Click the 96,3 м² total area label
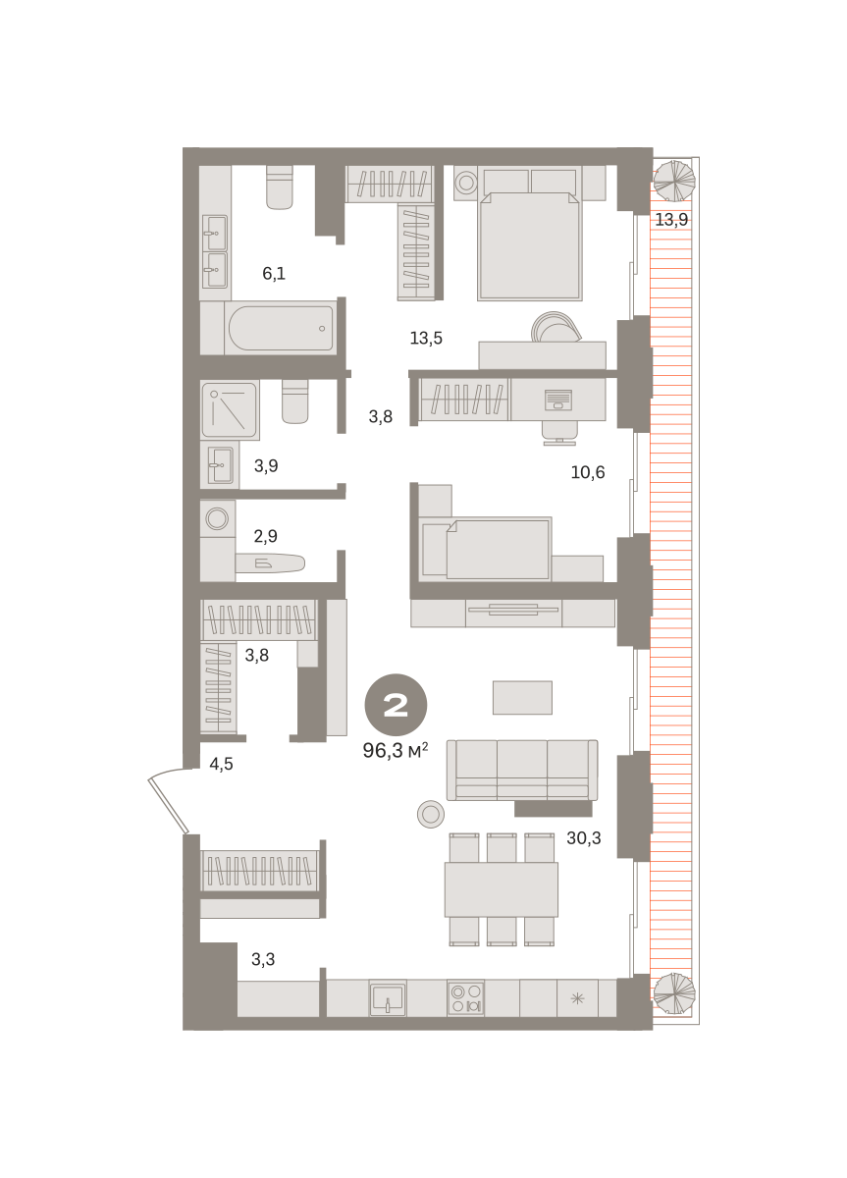(x=395, y=750)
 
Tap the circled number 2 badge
(x=396, y=705)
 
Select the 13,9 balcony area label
(x=671, y=219)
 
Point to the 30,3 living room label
(x=584, y=837)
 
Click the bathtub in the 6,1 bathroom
(x=281, y=328)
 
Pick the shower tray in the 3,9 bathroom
(x=230, y=410)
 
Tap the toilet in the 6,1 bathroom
(x=279, y=187)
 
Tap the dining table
(x=502, y=889)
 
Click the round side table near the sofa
(x=431, y=814)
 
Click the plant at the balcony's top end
(x=674, y=181)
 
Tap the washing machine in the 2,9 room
(x=217, y=518)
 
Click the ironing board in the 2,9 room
(x=270, y=563)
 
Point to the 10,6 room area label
(x=588, y=472)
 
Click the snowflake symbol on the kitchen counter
(x=577, y=998)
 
